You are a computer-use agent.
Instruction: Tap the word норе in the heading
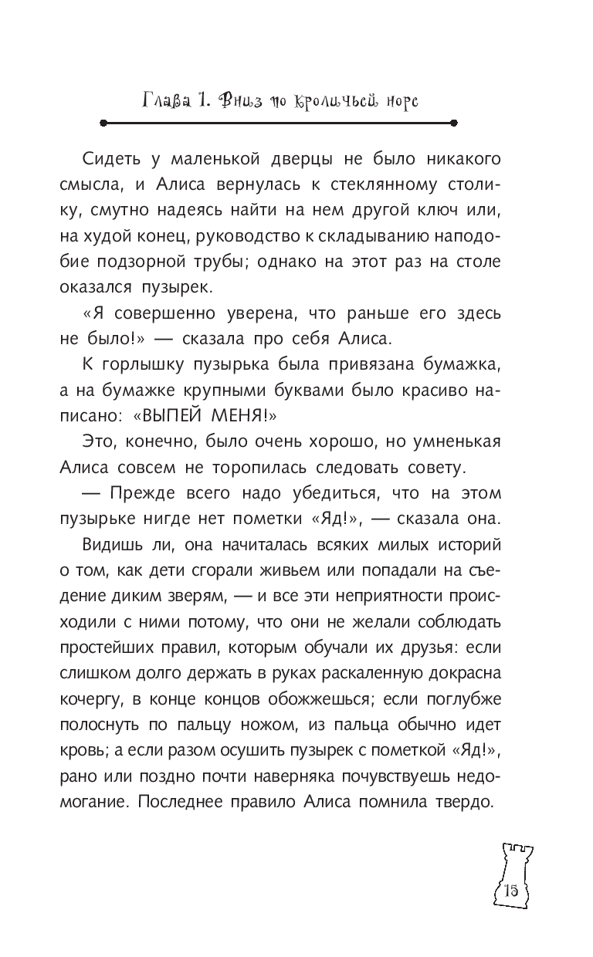(x=398, y=100)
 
